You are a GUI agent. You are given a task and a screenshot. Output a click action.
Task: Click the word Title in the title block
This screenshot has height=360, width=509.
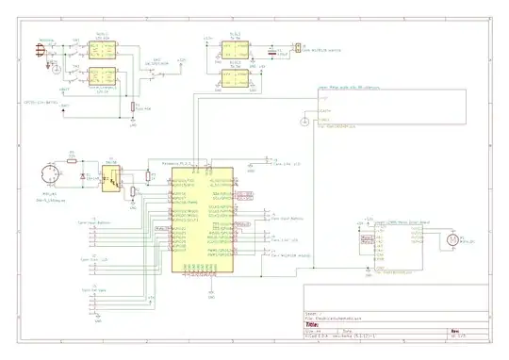[313, 324]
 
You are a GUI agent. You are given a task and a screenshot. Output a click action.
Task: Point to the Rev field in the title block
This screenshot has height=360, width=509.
[454, 331]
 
